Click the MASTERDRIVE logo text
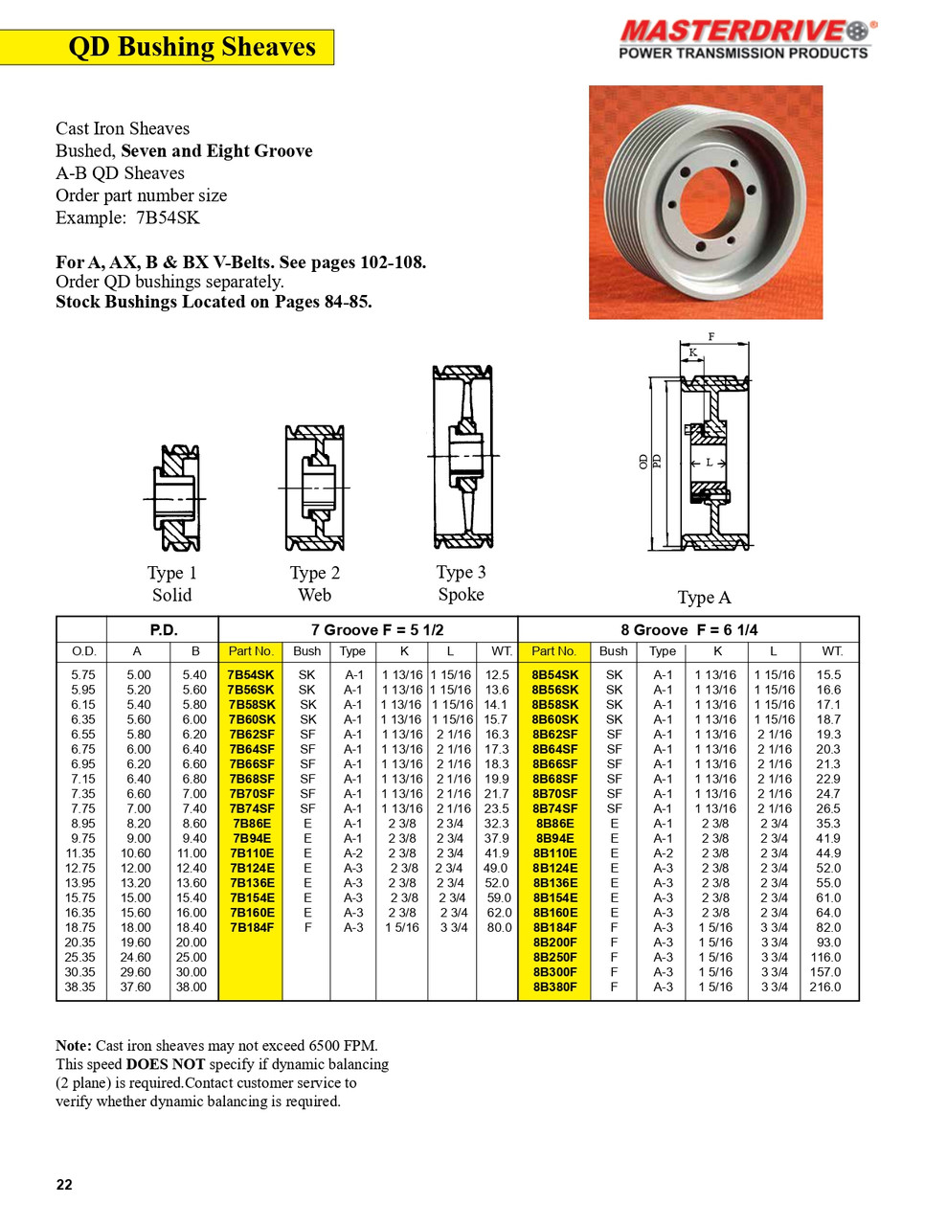point(733,32)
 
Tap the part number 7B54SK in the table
point(251,675)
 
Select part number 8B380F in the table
point(555,987)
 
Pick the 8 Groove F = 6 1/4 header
point(688,630)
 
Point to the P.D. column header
point(164,630)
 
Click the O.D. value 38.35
point(81,987)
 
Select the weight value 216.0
point(825,987)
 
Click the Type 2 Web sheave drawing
point(314,488)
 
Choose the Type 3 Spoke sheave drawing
point(462,457)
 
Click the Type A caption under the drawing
point(704,598)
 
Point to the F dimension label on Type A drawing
point(711,337)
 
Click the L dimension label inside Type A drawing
point(709,463)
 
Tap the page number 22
point(64,1185)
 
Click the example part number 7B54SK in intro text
point(168,217)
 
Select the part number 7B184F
point(251,927)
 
